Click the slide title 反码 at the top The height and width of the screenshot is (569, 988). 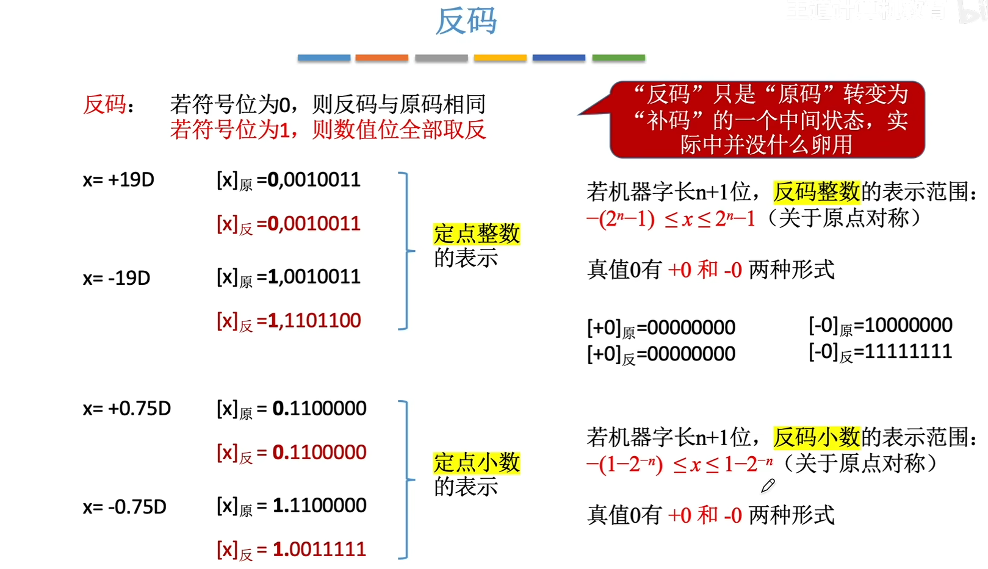[x=466, y=21]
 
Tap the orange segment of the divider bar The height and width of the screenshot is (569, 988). [x=381, y=58]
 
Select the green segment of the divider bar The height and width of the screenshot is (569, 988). [x=618, y=58]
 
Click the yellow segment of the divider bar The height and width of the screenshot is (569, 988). [x=500, y=58]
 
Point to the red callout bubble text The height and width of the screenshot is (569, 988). [x=767, y=120]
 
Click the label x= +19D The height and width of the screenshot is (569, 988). [x=118, y=180]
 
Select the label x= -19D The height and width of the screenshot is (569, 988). [x=117, y=278]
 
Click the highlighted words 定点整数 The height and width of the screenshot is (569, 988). [x=477, y=234]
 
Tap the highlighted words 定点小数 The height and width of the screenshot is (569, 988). [x=477, y=462]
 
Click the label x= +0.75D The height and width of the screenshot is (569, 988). [x=127, y=409]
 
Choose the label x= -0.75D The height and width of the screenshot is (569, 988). [x=124, y=507]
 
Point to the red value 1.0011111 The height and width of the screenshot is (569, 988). [x=319, y=549]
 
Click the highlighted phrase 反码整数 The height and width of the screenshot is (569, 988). [x=816, y=192]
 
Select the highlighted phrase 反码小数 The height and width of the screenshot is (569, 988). [x=816, y=437]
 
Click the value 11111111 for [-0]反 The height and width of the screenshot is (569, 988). [x=903, y=351]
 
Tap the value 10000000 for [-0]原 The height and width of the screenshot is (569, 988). [x=903, y=325]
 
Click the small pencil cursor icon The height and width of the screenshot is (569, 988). [x=768, y=485]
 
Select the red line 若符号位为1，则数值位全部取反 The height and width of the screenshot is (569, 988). [x=328, y=130]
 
